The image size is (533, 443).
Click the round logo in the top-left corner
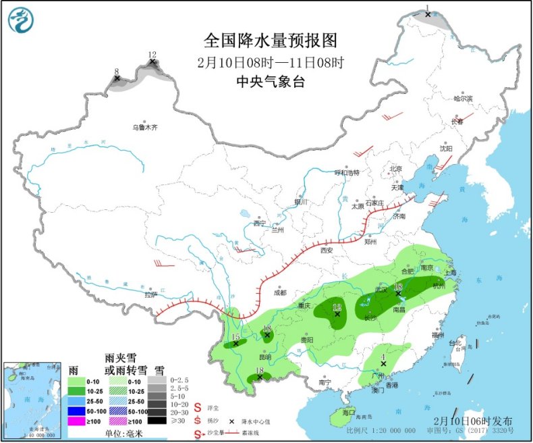[x=21, y=22]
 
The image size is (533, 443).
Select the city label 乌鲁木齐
[x=144, y=127]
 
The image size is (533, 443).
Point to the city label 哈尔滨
[x=464, y=99]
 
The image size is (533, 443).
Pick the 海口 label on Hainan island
[x=348, y=412]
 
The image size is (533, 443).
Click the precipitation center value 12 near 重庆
[x=337, y=307]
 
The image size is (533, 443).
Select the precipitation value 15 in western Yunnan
[x=235, y=337]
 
